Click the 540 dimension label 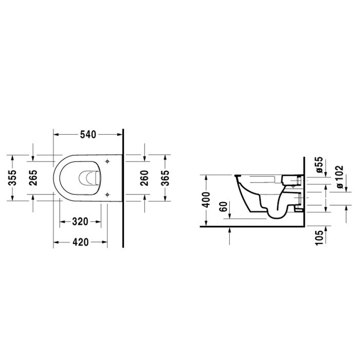tap(88, 135)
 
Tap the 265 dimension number tap(33, 178)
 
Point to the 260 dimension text tap(145, 178)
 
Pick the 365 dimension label tap(165, 178)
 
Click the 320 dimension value tap(80, 222)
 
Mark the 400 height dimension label tap(206, 198)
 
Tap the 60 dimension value tap(223, 208)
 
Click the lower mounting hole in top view tap(107, 194)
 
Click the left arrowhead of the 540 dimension tap(56, 135)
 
